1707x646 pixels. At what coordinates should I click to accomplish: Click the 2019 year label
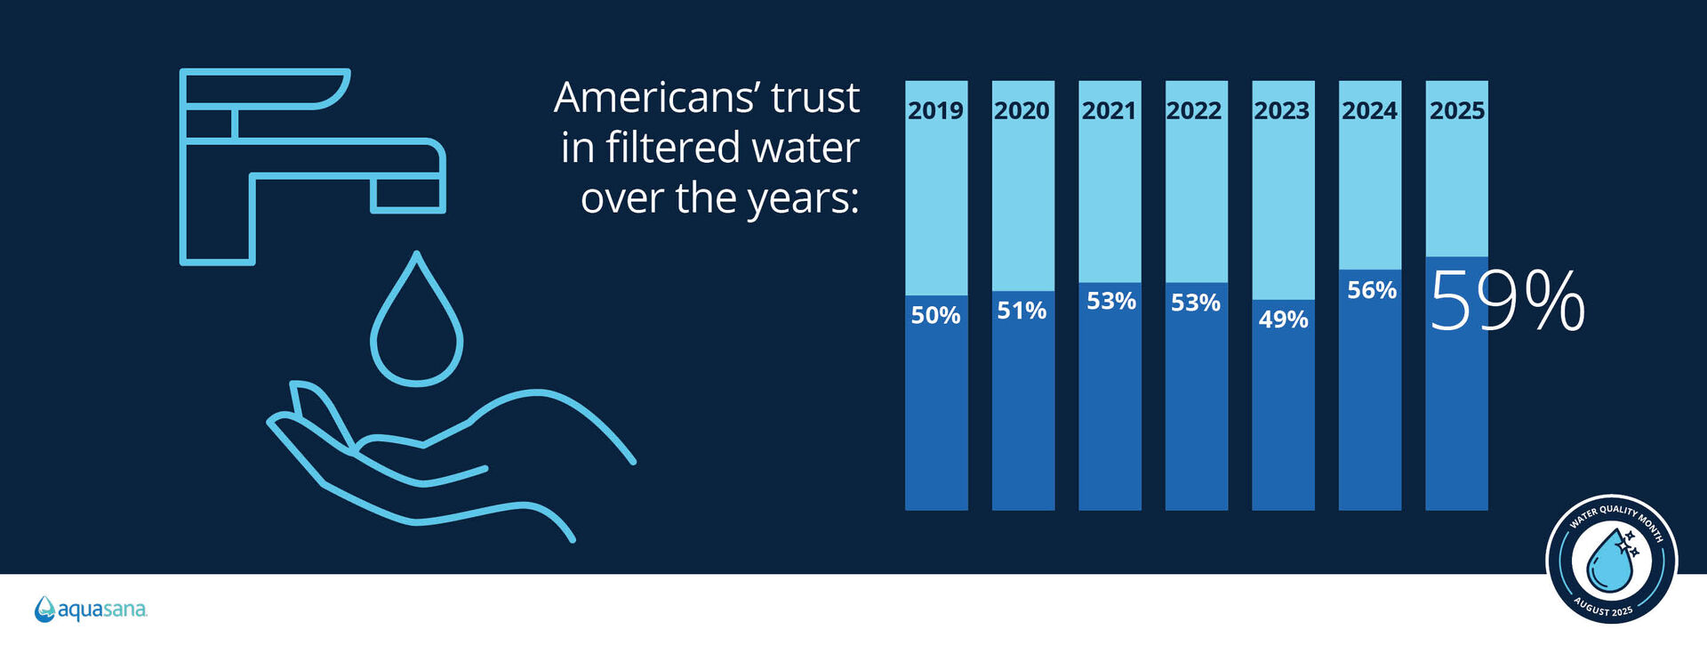(935, 110)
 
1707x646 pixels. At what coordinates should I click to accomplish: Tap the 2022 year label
(1195, 110)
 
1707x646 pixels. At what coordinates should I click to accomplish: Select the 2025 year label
(1456, 110)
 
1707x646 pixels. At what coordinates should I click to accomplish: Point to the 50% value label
(935, 315)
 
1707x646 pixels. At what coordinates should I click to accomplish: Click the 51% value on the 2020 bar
(1022, 311)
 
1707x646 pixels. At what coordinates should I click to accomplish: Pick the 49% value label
(1283, 319)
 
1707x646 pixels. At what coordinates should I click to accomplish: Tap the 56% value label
(1371, 290)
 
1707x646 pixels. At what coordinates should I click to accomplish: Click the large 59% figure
(1507, 302)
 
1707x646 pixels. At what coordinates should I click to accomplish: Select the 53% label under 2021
(1110, 302)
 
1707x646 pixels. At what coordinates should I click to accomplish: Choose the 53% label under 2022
(1195, 303)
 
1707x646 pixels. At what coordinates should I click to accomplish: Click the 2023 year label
(1281, 110)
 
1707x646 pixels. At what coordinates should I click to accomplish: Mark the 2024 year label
(1369, 110)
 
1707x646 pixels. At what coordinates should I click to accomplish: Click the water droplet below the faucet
(416, 325)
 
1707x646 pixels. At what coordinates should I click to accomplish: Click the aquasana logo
(91, 610)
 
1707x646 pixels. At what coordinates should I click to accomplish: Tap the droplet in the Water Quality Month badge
(1610, 561)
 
